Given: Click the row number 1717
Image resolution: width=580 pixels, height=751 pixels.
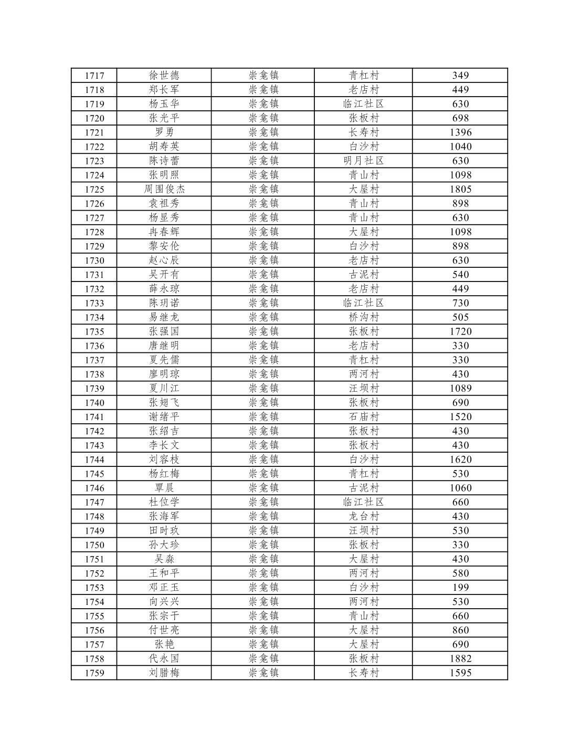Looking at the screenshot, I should [94, 76].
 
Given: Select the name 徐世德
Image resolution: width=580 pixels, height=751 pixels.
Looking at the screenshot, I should [164, 75].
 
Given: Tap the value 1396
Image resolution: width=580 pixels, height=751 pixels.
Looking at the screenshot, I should [460, 132].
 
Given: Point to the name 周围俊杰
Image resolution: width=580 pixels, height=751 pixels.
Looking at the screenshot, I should [164, 189].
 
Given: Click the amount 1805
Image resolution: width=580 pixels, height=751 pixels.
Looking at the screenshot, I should [460, 189].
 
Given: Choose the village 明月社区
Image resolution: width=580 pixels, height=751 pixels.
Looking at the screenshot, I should [364, 161].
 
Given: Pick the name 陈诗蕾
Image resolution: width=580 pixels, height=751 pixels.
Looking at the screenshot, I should [164, 161].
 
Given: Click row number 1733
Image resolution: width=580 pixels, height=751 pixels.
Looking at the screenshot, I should [94, 303].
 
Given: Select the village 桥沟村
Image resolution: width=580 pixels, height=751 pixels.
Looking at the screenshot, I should [364, 317].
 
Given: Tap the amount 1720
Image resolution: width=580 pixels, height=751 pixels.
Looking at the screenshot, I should [460, 331].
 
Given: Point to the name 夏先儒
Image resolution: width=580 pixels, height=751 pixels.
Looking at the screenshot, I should [164, 360].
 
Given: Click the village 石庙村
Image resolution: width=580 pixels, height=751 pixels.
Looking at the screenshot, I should [364, 416].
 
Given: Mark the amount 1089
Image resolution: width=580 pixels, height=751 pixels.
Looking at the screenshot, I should [460, 388].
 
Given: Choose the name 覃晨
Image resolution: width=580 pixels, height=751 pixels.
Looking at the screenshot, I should [164, 488].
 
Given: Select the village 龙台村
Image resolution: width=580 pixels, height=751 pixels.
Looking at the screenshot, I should [364, 516].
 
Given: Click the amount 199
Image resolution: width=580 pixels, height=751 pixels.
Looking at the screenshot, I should [460, 587].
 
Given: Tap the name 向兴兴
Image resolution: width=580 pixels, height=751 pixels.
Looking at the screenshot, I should [164, 601].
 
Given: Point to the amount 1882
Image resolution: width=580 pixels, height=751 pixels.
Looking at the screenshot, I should [460, 659].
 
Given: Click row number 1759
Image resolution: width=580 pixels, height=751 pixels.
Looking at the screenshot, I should [94, 673].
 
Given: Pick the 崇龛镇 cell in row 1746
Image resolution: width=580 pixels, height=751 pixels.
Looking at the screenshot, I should [263, 488].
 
